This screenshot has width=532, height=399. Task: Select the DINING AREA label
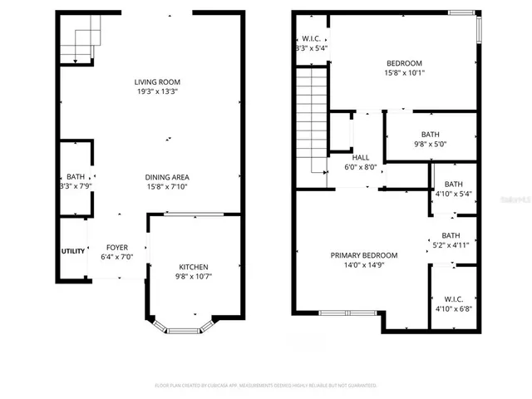[x=167, y=177]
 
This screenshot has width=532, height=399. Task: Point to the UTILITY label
[x=72, y=251]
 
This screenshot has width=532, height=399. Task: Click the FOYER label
[x=116, y=248]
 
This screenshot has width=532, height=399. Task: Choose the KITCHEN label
[x=194, y=267]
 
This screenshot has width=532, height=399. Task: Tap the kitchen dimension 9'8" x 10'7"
[x=194, y=277]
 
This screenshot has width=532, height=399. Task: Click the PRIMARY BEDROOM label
[x=363, y=255]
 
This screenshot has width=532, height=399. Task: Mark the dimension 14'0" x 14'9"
[x=363, y=265]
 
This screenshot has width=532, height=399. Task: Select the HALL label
[x=361, y=157]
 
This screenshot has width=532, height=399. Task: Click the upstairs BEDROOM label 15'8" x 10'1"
[x=404, y=64]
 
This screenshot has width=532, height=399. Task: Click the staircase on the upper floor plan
[x=312, y=116]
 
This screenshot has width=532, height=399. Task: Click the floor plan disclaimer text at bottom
[x=266, y=386]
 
